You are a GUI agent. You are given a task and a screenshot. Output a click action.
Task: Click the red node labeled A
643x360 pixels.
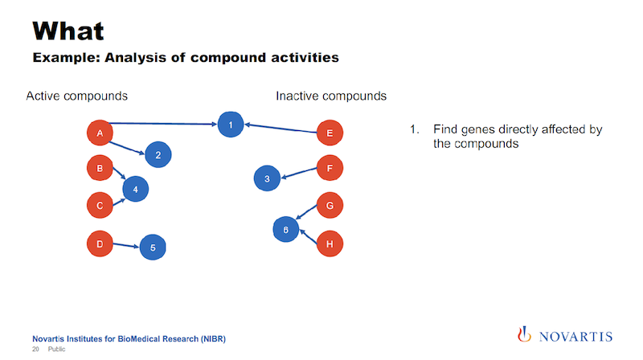[100, 133]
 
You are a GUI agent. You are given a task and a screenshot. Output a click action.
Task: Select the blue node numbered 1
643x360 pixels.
[231, 125]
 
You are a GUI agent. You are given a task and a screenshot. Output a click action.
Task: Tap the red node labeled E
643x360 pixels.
[330, 133]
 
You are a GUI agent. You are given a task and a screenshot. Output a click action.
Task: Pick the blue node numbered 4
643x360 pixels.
[135, 189]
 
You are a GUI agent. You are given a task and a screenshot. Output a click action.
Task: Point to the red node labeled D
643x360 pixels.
[100, 244]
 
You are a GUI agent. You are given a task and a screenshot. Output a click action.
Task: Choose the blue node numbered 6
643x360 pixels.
[286, 229]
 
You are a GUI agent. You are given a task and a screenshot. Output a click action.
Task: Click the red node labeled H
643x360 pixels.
[330, 244]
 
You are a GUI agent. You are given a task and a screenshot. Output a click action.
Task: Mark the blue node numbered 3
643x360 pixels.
[267, 178]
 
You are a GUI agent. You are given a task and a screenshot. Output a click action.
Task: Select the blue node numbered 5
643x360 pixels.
[153, 247]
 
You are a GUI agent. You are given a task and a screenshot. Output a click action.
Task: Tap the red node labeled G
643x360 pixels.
[330, 205]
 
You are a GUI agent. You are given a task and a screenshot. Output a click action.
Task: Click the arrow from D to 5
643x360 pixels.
[126, 246]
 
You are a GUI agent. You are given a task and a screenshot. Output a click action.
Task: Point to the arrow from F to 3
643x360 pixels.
[299, 173]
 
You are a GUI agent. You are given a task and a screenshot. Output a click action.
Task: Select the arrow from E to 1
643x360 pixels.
[281, 129]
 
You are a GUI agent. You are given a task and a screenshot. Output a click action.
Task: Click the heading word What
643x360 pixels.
[68, 31]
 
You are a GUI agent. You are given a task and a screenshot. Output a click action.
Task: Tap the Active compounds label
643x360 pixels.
[76, 96]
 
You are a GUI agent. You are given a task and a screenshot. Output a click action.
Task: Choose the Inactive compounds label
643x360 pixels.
[331, 96]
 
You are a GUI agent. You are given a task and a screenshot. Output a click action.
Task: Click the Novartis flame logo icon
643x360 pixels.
[524, 334]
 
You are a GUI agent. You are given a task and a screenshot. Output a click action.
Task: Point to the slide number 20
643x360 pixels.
[35, 349]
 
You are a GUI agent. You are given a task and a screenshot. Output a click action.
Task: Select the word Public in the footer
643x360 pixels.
[56, 349]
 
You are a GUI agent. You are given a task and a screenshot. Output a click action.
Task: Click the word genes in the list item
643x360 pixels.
[477, 130]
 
